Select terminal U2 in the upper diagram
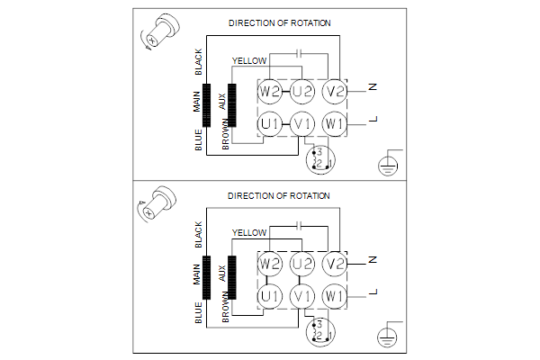click(x=301, y=90)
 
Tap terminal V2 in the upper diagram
click(x=335, y=90)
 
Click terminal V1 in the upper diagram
click(x=301, y=122)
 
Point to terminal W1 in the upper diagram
click(x=335, y=122)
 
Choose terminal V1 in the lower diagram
click(x=301, y=295)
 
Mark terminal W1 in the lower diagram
click(x=335, y=295)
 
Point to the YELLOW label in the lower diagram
click(x=249, y=233)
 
